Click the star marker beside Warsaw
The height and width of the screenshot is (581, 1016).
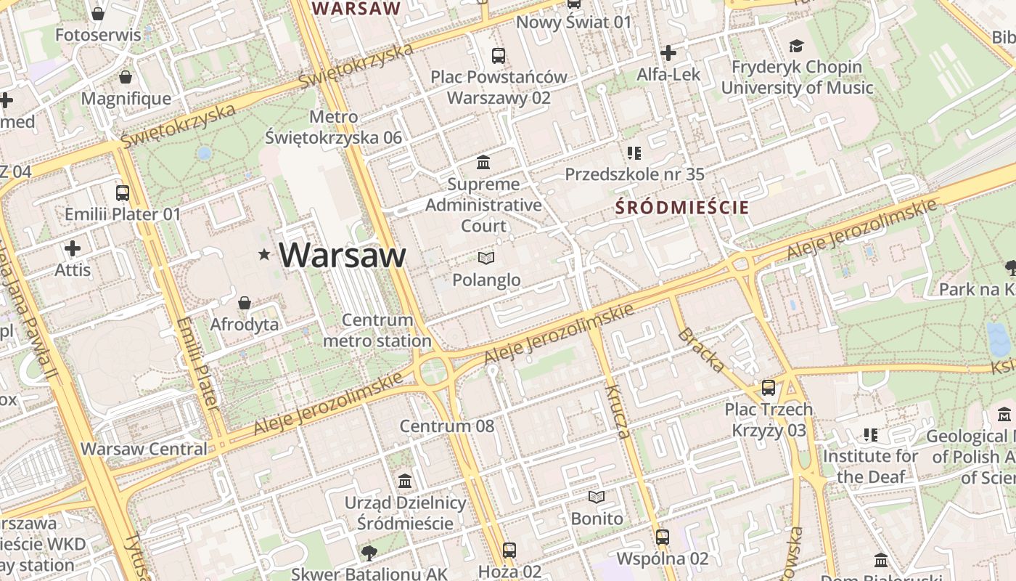click(x=264, y=254)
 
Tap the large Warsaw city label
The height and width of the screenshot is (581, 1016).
click(x=342, y=255)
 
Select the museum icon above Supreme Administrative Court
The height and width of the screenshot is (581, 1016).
click(x=483, y=161)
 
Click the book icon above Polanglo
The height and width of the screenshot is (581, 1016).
click(x=486, y=258)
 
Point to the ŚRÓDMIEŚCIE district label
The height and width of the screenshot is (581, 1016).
click(x=682, y=208)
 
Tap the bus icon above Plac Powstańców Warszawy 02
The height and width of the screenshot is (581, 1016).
click(x=499, y=55)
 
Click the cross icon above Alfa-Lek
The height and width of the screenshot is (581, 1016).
click(x=668, y=52)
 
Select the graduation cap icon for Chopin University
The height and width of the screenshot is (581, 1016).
click(x=797, y=46)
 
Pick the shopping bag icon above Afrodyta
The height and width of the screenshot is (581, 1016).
click(x=245, y=302)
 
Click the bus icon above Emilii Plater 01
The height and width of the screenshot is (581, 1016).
click(x=123, y=192)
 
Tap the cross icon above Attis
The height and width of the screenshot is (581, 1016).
click(x=73, y=248)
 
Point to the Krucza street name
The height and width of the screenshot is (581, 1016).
click(x=617, y=412)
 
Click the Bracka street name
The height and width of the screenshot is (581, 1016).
click(x=700, y=350)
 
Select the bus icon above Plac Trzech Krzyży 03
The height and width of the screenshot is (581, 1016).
click(x=769, y=388)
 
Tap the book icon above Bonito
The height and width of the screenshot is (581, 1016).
click(x=597, y=497)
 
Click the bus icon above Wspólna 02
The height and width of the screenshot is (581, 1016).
click(x=663, y=537)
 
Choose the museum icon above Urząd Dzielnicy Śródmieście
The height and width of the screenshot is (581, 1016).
click(x=405, y=481)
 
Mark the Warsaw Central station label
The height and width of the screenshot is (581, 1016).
click(x=144, y=449)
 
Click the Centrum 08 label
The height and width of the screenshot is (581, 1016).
click(x=447, y=426)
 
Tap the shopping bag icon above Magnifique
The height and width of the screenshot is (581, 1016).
click(x=126, y=77)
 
